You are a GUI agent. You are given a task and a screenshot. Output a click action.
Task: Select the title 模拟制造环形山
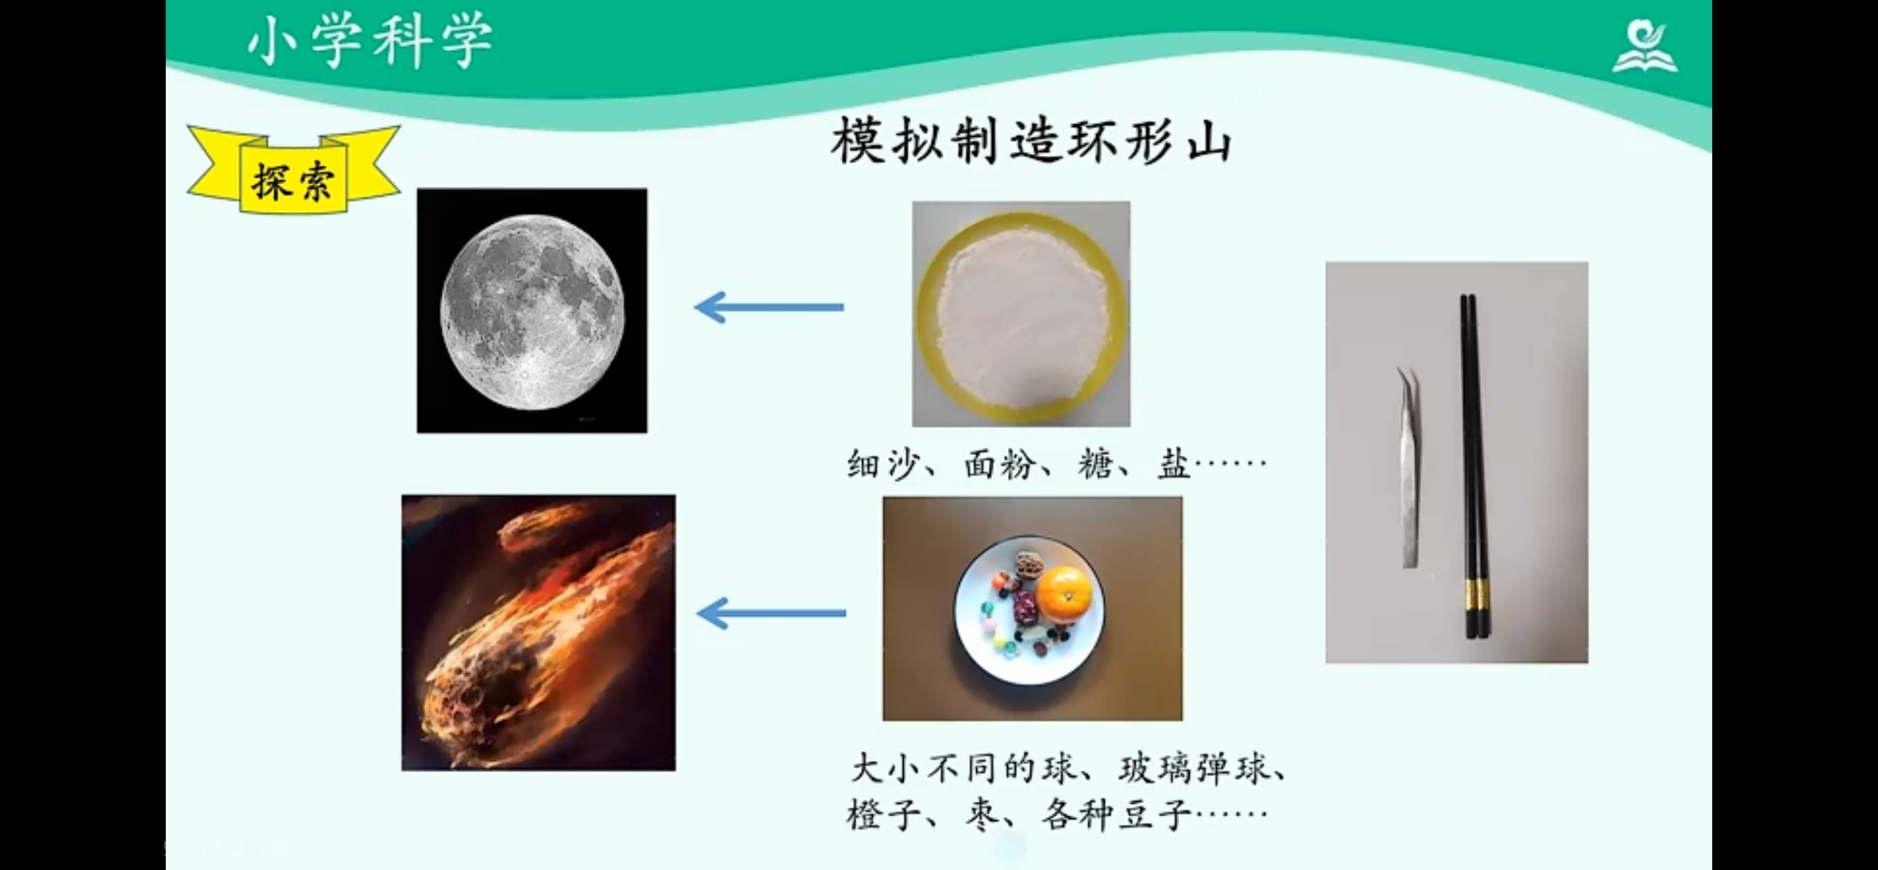click(1031, 141)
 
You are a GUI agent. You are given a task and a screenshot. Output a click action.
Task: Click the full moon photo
click(532, 311)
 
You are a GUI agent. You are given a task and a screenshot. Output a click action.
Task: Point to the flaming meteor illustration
click(539, 633)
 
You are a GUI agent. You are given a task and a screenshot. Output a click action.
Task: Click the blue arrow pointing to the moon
click(769, 307)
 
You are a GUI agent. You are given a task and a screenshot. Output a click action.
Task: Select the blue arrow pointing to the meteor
click(771, 613)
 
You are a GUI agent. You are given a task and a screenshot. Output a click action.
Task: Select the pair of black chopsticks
click(1473, 466)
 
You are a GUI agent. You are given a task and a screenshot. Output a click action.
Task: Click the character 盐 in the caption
click(1174, 464)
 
